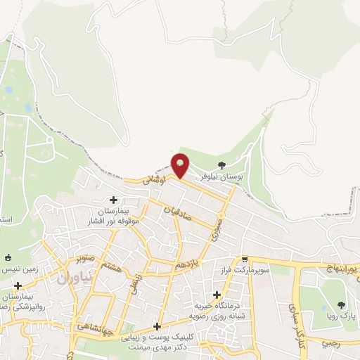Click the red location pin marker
(181, 165)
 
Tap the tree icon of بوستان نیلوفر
(222, 165)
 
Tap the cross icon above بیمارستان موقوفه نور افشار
(114, 200)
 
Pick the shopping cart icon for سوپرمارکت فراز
(244, 259)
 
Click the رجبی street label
(330, 343)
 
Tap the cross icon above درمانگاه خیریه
(217, 295)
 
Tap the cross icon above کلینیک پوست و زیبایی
(157, 326)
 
